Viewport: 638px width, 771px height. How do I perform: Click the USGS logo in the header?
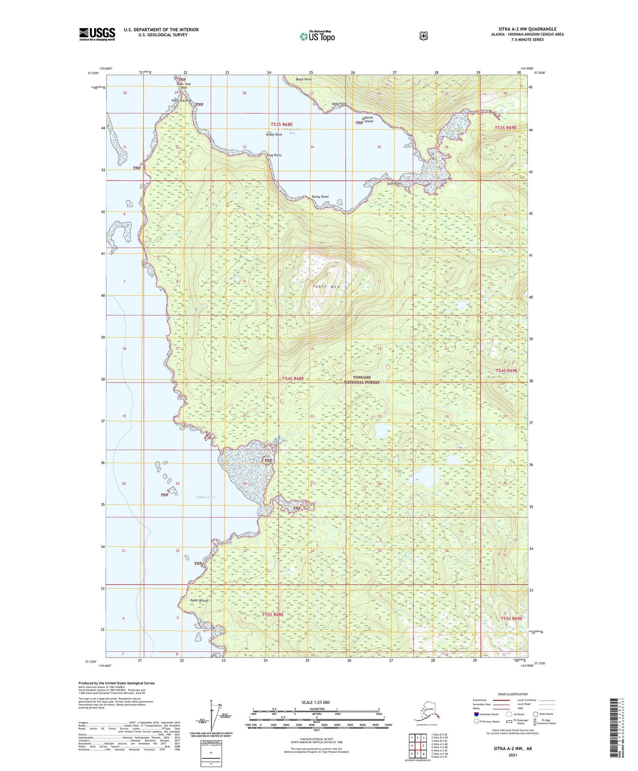(97, 34)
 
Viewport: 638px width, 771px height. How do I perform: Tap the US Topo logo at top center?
(317, 36)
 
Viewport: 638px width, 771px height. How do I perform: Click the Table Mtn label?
(326, 287)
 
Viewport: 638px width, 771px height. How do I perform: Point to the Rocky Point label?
(320, 197)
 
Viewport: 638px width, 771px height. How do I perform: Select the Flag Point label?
(274, 155)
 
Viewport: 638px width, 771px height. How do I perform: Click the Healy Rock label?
(274, 135)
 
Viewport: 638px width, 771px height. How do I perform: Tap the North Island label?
(368, 120)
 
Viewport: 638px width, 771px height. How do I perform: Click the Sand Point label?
(339, 104)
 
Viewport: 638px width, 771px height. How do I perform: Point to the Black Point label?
(304, 79)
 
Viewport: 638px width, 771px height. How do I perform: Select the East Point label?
(394, 184)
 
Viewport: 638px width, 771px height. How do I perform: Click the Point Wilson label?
(199, 601)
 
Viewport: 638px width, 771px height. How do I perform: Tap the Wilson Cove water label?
(206, 497)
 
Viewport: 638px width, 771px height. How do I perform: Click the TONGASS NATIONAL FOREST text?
(362, 380)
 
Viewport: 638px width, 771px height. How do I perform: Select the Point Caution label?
(181, 101)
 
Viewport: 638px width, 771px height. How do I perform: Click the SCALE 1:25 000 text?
(315, 703)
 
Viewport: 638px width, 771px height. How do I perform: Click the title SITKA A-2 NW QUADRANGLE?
(524, 29)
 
